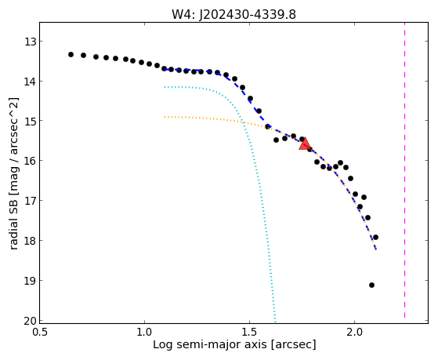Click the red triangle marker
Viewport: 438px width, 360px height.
tap(305, 144)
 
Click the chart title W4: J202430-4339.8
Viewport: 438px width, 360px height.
tap(233, 14)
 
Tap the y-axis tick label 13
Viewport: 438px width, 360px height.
tap(30, 42)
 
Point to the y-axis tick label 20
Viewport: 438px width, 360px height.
tap(30, 321)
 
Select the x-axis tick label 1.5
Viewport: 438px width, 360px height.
tap(249, 333)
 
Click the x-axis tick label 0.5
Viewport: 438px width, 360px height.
tap(40, 333)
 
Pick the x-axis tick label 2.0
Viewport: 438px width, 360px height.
tap(354, 333)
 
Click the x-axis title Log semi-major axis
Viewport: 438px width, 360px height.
tap(210, 344)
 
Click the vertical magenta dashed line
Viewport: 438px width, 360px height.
tap(404, 170)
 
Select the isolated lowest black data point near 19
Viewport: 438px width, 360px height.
tap(371, 285)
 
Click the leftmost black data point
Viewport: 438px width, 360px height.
tap(71, 54)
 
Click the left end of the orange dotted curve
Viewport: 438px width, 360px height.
tap(165, 117)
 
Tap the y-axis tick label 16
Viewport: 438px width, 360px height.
tap(30, 161)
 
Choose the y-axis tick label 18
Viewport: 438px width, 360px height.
tap(30, 241)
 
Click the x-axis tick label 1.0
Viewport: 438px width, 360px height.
tap(144, 333)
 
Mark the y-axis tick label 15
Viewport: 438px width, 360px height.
tap(30, 121)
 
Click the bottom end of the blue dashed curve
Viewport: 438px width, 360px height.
tap(376, 249)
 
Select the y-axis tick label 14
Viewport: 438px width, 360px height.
tap(30, 82)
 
